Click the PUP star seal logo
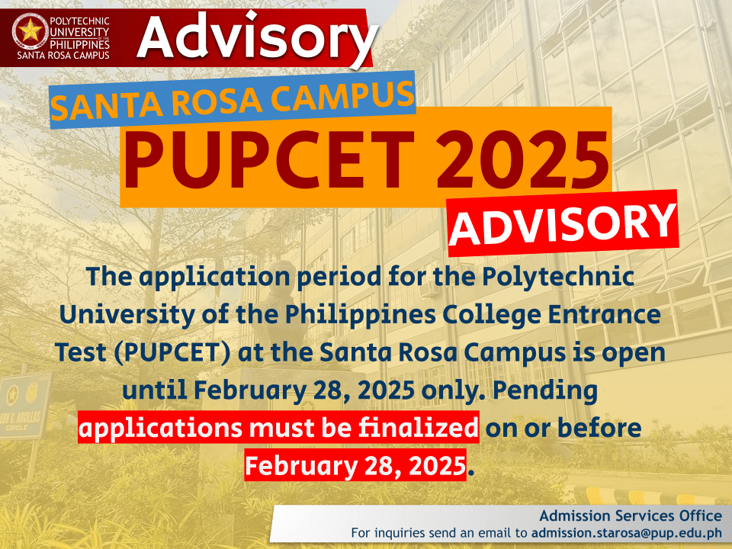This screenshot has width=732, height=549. [30, 31]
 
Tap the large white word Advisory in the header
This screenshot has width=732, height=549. [257, 37]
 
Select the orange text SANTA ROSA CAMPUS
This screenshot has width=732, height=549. [233, 100]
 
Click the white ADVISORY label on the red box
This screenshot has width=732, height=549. [563, 223]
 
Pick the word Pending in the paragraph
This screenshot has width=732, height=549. [545, 390]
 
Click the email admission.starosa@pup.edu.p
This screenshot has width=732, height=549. [627, 533]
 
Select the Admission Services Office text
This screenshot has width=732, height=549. [631, 515]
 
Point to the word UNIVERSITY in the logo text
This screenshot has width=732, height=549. [79, 32]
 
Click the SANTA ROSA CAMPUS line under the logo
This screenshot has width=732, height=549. [63, 55]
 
